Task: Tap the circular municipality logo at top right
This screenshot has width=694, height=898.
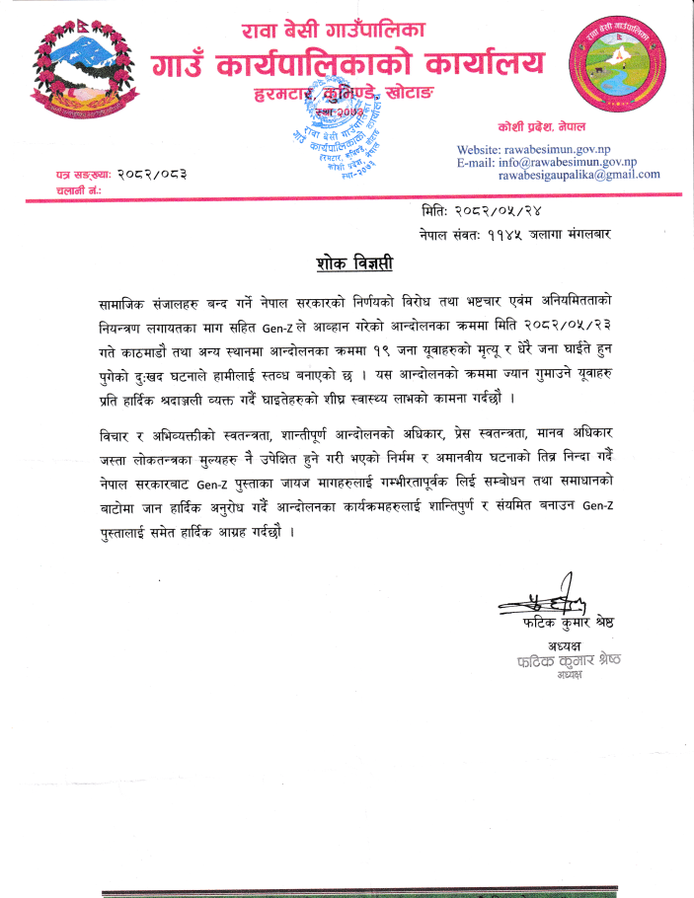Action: click(616, 66)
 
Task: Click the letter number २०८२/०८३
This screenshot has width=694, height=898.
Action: click(153, 174)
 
